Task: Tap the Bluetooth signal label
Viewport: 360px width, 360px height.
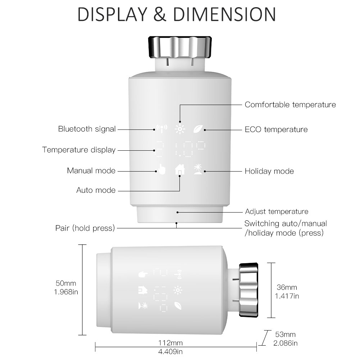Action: click(87, 129)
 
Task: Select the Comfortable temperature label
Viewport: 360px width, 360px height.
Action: click(290, 105)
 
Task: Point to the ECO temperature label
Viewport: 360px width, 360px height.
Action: click(276, 129)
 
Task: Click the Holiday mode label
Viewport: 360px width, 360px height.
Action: click(269, 171)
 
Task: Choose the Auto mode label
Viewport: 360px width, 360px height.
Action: click(96, 190)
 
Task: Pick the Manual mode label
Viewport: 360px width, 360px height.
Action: click(91, 170)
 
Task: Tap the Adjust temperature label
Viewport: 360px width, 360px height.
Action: click(276, 211)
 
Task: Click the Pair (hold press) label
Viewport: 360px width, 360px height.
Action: click(85, 228)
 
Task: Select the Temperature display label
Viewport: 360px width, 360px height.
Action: click(79, 150)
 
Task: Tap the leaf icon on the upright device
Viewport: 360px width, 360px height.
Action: click(199, 129)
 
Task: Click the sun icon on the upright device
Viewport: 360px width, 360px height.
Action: click(179, 129)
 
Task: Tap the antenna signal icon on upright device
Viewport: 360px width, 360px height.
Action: click(160, 129)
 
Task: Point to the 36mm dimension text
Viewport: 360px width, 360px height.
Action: click(287, 287)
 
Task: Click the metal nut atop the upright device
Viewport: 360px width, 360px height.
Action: click(179, 47)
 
